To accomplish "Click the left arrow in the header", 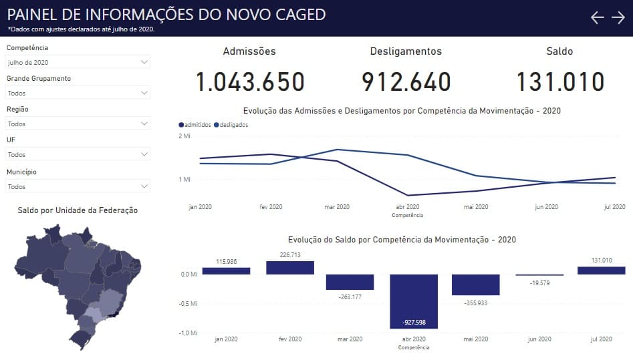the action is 597,17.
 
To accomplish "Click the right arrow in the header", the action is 618,17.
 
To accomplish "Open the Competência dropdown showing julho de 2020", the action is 78,61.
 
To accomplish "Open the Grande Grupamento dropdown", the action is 78,92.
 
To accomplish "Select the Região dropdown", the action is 78,123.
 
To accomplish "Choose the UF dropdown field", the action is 78,154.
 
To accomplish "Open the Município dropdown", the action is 78,186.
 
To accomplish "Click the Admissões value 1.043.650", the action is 250,82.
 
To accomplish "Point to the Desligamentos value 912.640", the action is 406,82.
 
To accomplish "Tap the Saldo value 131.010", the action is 560,82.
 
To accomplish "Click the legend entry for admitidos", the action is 195,125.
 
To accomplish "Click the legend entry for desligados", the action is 231,125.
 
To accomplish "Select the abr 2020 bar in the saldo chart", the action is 414,301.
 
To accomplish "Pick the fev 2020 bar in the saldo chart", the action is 290,268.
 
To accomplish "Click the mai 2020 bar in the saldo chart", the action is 475,285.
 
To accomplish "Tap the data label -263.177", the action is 350,297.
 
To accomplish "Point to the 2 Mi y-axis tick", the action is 184,136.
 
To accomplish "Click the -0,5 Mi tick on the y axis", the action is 188,303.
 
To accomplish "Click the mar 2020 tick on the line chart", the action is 337,206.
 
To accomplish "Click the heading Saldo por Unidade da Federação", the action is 78,210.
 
